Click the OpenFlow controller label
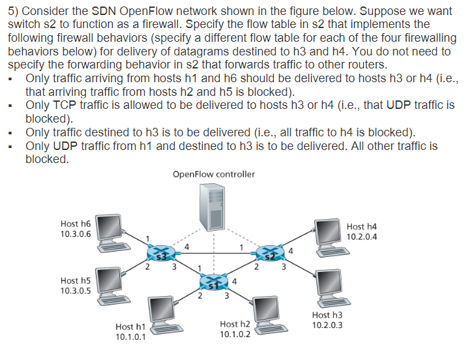214,174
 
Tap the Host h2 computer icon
267,312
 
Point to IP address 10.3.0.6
76,234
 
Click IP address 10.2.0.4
362,237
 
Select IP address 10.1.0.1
130,337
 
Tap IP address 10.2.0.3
327,325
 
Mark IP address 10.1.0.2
235,334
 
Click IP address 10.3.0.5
76,291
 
